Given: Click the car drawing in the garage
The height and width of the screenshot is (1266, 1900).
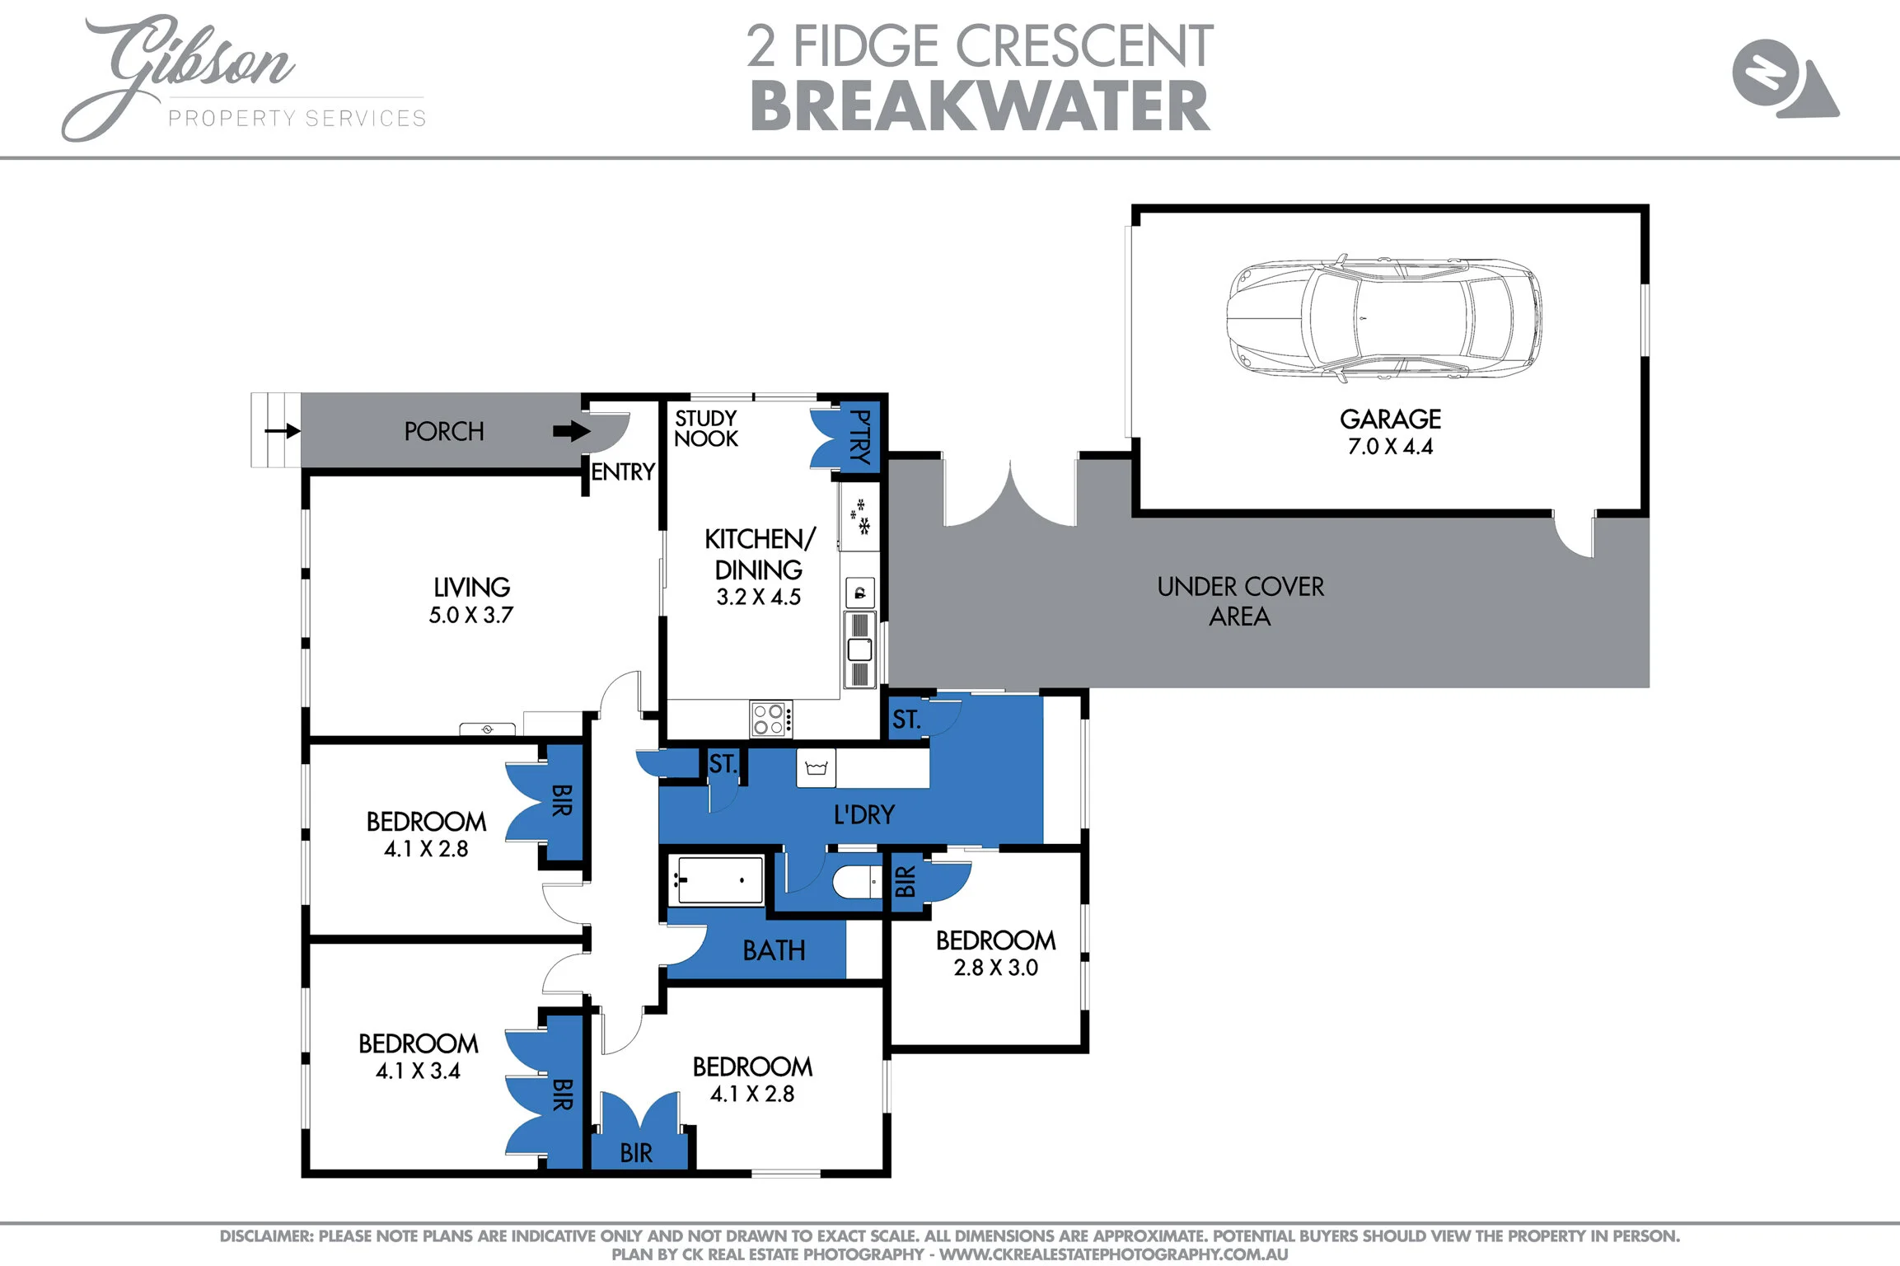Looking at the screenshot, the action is coord(1384,318).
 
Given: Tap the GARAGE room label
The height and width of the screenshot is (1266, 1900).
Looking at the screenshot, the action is coord(1390,420).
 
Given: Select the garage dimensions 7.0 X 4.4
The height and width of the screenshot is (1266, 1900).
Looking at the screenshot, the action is coord(1390,447).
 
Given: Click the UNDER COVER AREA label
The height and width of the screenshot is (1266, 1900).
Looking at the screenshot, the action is coord(1240,601).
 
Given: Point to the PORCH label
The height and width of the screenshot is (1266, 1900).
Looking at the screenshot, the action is coord(443,431).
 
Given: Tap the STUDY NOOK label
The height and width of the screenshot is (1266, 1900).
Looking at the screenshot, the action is coord(705,429).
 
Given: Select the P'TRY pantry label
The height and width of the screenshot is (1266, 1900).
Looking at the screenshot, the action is coord(859,437).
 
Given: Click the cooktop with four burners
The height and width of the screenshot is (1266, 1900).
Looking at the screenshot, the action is coord(771,719).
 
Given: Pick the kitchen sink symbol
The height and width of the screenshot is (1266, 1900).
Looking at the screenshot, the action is coord(859,649).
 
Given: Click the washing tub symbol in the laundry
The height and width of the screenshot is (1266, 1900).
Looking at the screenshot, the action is coord(816,768).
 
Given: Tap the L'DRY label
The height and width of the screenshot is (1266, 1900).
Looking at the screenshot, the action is coord(863,815).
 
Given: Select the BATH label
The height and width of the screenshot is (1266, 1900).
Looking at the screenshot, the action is coord(774,951).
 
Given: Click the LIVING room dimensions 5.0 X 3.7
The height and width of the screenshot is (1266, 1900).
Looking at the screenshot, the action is coord(470,615).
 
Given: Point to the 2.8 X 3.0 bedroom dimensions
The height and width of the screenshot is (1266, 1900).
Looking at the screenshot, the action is coord(995,968).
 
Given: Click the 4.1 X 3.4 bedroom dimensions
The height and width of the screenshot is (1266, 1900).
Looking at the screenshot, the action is coord(418,1071).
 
